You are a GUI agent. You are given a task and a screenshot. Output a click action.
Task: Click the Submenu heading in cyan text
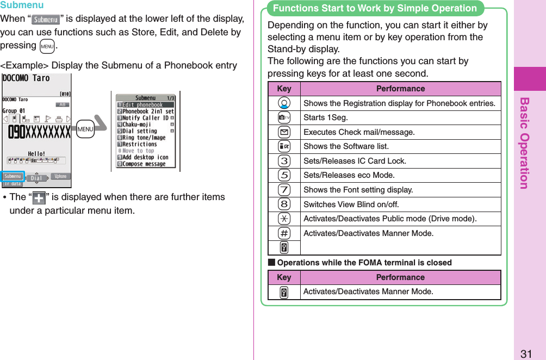tap(22, 5)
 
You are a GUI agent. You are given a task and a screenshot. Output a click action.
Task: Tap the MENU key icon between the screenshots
tap(85, 130)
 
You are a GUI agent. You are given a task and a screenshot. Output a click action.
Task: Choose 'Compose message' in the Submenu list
tap(144, 164)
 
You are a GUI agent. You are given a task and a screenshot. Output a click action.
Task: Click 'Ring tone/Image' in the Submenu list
tap(144, 138)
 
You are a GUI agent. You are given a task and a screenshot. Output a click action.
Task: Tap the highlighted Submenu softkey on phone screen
tap(13, 176)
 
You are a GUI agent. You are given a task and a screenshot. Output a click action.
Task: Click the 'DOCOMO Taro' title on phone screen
tap(26, 78)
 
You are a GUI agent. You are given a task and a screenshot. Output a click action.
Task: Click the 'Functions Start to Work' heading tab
tap(375, 8)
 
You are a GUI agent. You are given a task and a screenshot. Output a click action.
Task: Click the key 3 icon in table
tap(284, 161)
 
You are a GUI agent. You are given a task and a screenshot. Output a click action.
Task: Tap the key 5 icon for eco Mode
tap(284, 175)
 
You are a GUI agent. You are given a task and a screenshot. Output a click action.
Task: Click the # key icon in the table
tap(284, 233)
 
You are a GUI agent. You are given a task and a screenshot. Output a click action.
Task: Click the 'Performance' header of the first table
tap(400, 89)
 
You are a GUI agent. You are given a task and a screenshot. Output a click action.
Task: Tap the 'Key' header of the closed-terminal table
tap(284, 277)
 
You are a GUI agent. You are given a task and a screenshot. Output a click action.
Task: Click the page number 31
tap(525, 353)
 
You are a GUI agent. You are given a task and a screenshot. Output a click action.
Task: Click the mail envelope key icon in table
tap(284, 132)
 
